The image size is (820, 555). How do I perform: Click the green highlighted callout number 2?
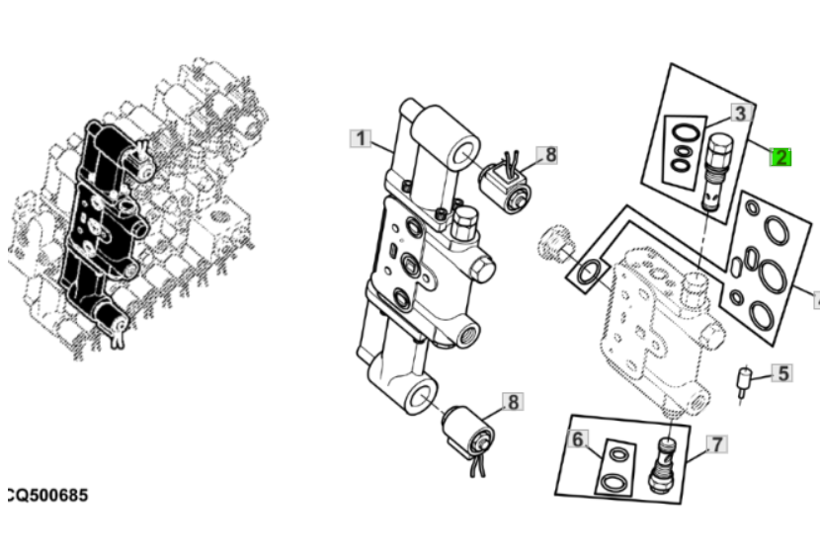pyautogui.click(x=780, y=155)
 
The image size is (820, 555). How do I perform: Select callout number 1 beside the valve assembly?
pyautogui.click(x=362, y=138)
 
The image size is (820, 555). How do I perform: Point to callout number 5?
pyautogui.click(x=781, y=372)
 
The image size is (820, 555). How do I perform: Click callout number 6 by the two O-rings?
pyautogui.click(x=579, y=437)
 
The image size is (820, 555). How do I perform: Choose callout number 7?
pyautogui.click(x=716, y=444)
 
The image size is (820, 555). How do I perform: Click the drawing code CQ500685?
pyautogui.click(x=46, y=494)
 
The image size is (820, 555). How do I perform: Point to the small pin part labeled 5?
pyautogui.click(x=745, y=380)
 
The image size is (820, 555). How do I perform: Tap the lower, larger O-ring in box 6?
pyautogui.click(x=615, y=481)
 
